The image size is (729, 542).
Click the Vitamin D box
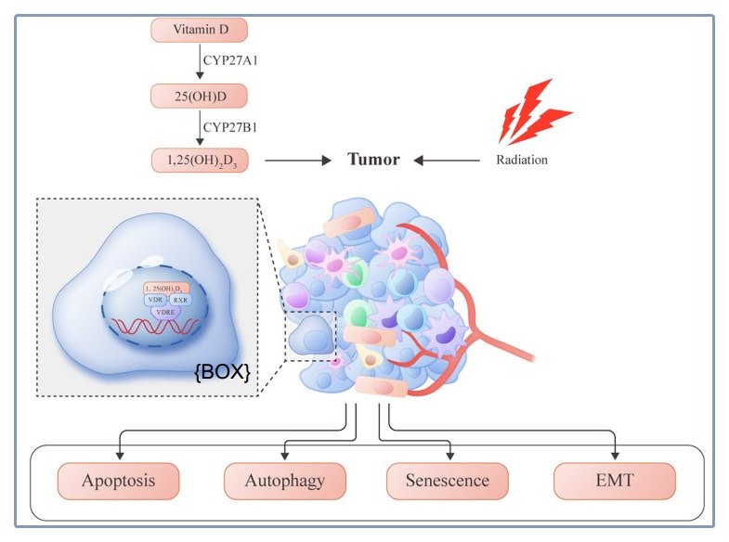click(198, 30)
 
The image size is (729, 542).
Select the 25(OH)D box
click(198, 95)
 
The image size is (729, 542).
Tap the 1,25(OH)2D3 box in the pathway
click(198, 160)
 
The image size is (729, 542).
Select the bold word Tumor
click(373, 160)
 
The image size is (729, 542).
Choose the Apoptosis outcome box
click(118, 482)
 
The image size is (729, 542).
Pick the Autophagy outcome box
click(285, 482)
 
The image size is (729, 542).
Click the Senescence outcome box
click(447, 482)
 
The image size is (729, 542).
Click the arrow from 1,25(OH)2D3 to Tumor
click(297, 161)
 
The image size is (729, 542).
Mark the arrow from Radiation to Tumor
click(446, 161)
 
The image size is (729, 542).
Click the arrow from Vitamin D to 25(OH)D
click(199, 62)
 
